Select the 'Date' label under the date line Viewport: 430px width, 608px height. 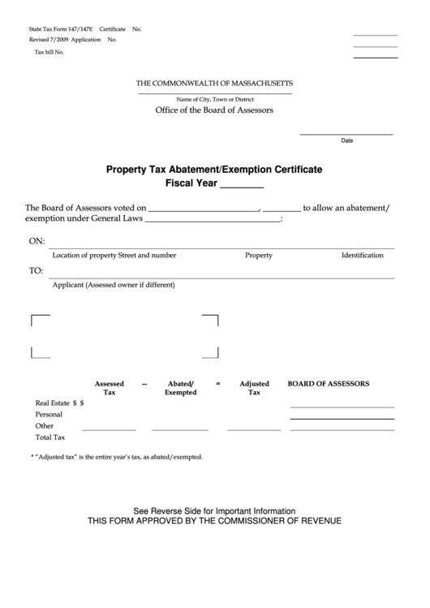[346, 140]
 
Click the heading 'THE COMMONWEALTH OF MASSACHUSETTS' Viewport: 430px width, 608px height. [214, 84]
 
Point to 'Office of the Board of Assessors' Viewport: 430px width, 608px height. [214, 110]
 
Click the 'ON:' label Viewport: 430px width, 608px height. [37, 242]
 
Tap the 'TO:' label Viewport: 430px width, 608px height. [37, 271]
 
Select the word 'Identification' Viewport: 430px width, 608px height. [362, 255]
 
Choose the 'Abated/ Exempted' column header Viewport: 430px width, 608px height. [180, 387]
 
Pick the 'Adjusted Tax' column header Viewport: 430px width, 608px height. [254, 387]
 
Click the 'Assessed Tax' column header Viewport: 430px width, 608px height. [109, 387]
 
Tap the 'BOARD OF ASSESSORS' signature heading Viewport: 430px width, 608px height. [329, 383]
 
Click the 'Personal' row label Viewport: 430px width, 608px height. [49, 414]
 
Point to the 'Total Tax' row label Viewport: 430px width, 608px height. [49, 437]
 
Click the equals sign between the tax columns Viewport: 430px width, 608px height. [217, 383]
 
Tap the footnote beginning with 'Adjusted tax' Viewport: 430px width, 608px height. [117, 457]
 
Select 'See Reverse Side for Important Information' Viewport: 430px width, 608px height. [214, 511]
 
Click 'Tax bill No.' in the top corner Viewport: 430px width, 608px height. [49, 52]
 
